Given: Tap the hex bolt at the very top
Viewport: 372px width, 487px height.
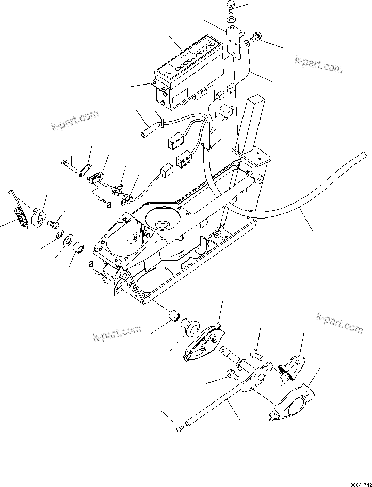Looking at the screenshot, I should [x=230, y=8].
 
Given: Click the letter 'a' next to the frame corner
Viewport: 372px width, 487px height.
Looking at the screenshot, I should [x=91, y=264].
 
